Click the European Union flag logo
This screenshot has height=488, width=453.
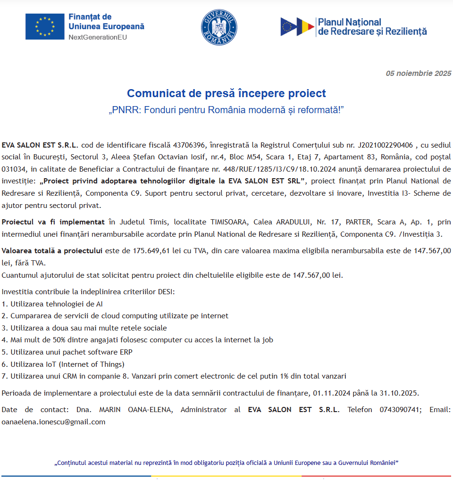45,26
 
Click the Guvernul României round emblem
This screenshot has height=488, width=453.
219,27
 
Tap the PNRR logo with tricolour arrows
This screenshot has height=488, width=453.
297,27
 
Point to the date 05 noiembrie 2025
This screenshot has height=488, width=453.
418,73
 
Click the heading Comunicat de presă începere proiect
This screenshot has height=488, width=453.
226,93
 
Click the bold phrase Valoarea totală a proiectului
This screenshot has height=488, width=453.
52,251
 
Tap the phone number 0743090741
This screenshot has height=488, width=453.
400,409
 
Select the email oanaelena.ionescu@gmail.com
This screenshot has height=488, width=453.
53,422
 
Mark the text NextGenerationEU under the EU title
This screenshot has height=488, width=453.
98,37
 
